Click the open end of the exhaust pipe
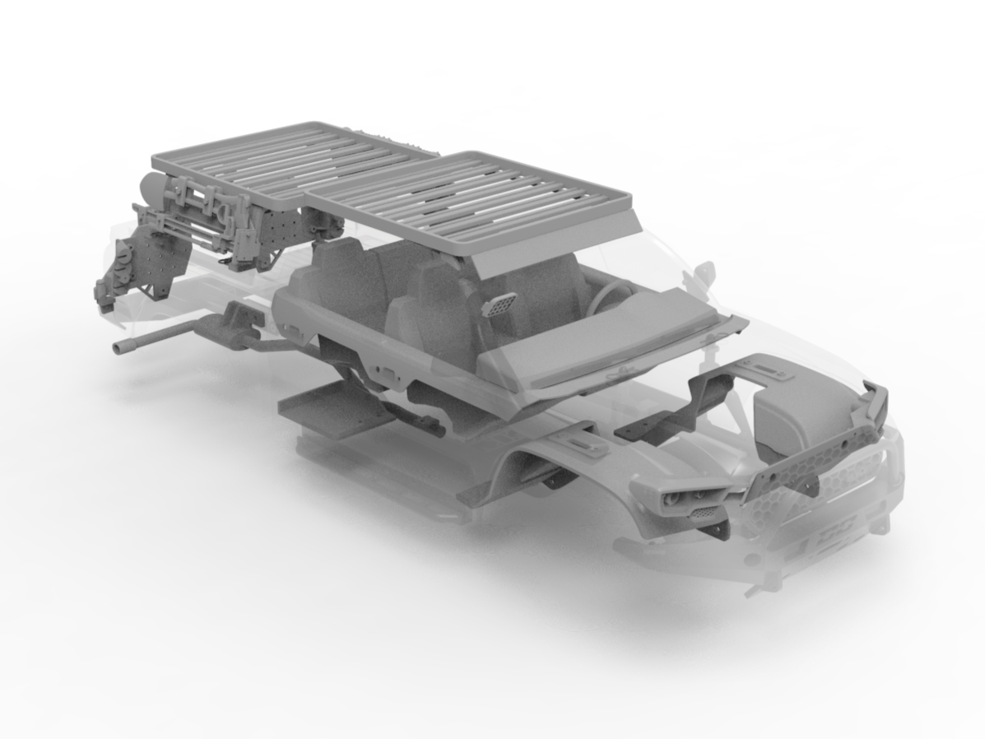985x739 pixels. coord(118,349)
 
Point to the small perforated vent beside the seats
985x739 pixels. coord(499,304)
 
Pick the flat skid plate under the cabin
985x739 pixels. coord(329,407)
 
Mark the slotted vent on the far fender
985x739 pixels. coord(769,369)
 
